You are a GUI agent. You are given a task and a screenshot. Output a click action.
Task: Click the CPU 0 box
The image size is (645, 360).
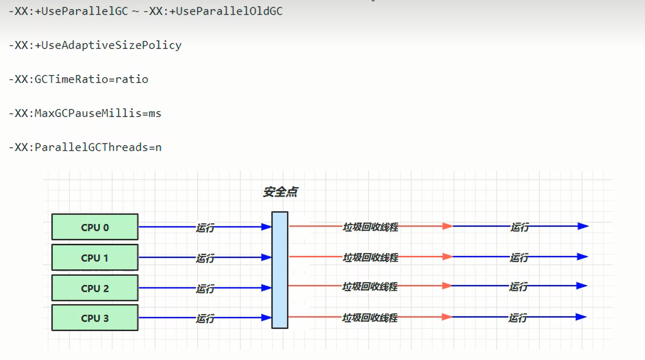pyautogui.click(x=95, y=227)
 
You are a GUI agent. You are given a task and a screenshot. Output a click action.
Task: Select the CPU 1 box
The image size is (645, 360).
pyautogui.click(x=95, y=258)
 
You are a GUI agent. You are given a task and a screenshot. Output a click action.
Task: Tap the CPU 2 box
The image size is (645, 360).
pyautogui.click(x=95, y=288)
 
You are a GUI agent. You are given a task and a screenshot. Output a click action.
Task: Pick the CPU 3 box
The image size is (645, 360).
pyautogui.click(x=95, y=318)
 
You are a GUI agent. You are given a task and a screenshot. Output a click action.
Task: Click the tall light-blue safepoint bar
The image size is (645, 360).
pyautogui.click(x=280, y=270)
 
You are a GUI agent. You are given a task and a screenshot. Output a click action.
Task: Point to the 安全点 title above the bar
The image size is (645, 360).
pyautogui.click(x=280, y=192)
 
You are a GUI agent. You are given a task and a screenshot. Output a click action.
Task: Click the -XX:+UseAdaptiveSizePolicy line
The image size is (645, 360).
pyautogui.click(x=95, y=45)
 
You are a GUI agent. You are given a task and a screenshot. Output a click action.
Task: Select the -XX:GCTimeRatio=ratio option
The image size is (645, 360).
pyautogui.click(x=79, y=79)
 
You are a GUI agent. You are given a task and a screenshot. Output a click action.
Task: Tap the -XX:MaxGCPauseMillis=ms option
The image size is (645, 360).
pyautogui.click(x=85, y=113)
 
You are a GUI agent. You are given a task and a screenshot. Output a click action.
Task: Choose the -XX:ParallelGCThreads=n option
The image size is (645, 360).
pyautogui.click(x=85, y=147)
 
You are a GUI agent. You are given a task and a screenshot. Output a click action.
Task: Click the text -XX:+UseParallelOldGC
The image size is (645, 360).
pyautogui.click(x=213, y=11)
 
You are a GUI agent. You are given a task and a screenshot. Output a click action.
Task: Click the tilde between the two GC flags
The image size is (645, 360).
pyautogui.click(x=135, y=12)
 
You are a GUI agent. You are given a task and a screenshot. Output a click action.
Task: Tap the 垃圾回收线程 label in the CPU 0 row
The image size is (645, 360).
pyautogui.click(x=371, y=227)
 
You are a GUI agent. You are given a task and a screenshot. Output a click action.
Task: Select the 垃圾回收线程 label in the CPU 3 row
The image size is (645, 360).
pyautogui.click(x=370, y=318)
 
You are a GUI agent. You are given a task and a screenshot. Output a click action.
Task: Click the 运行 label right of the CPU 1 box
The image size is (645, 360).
pyautogui.click(x=205, y=258)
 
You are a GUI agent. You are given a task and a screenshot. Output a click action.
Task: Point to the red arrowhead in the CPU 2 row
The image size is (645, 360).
pyautogui.click(x=447, y=286)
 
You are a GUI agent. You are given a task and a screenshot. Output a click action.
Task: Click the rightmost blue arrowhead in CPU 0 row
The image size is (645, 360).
pyautogui.click(x=583, y=226)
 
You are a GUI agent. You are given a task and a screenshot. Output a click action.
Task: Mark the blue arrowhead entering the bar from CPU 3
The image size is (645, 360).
pyautogui.click(x=266, y=318)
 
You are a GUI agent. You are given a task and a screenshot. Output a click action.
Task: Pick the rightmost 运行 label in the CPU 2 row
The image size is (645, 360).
pyautogui.click(x=518, y=287)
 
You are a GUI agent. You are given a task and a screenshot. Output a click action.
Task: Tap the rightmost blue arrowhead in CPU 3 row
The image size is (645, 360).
pyautogui.click(x=581, y=317)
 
